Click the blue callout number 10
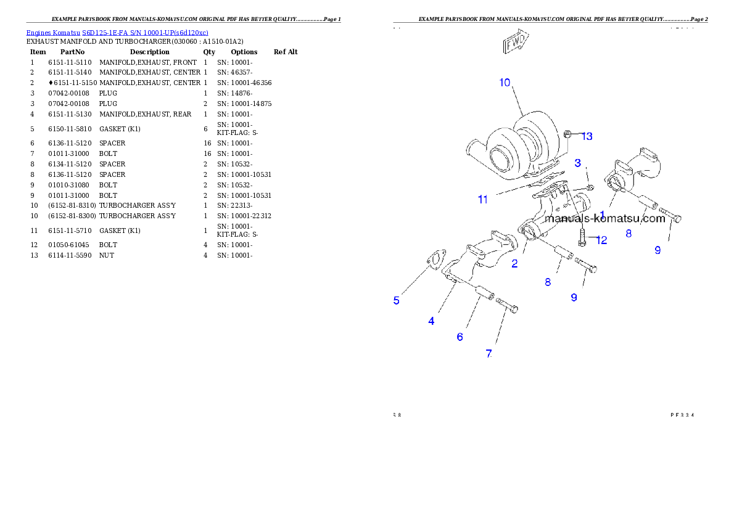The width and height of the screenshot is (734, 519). [505, 83]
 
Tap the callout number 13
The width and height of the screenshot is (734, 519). [587, 136]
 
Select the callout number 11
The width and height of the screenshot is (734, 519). [483, 200]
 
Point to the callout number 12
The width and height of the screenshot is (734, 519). [601, 240]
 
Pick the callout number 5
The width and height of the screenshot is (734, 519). [397, 301]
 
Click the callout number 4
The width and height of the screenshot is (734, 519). [431, 321]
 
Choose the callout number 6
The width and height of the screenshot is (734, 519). [460, 337]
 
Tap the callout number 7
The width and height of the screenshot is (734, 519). [489, 354]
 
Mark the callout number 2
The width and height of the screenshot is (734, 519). [514, 264]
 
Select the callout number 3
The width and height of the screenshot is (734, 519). [578, 163]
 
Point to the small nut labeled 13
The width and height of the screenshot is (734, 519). [569, 134]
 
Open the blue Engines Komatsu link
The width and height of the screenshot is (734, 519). [117, 32]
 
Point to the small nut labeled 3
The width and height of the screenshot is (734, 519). [590, 186]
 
